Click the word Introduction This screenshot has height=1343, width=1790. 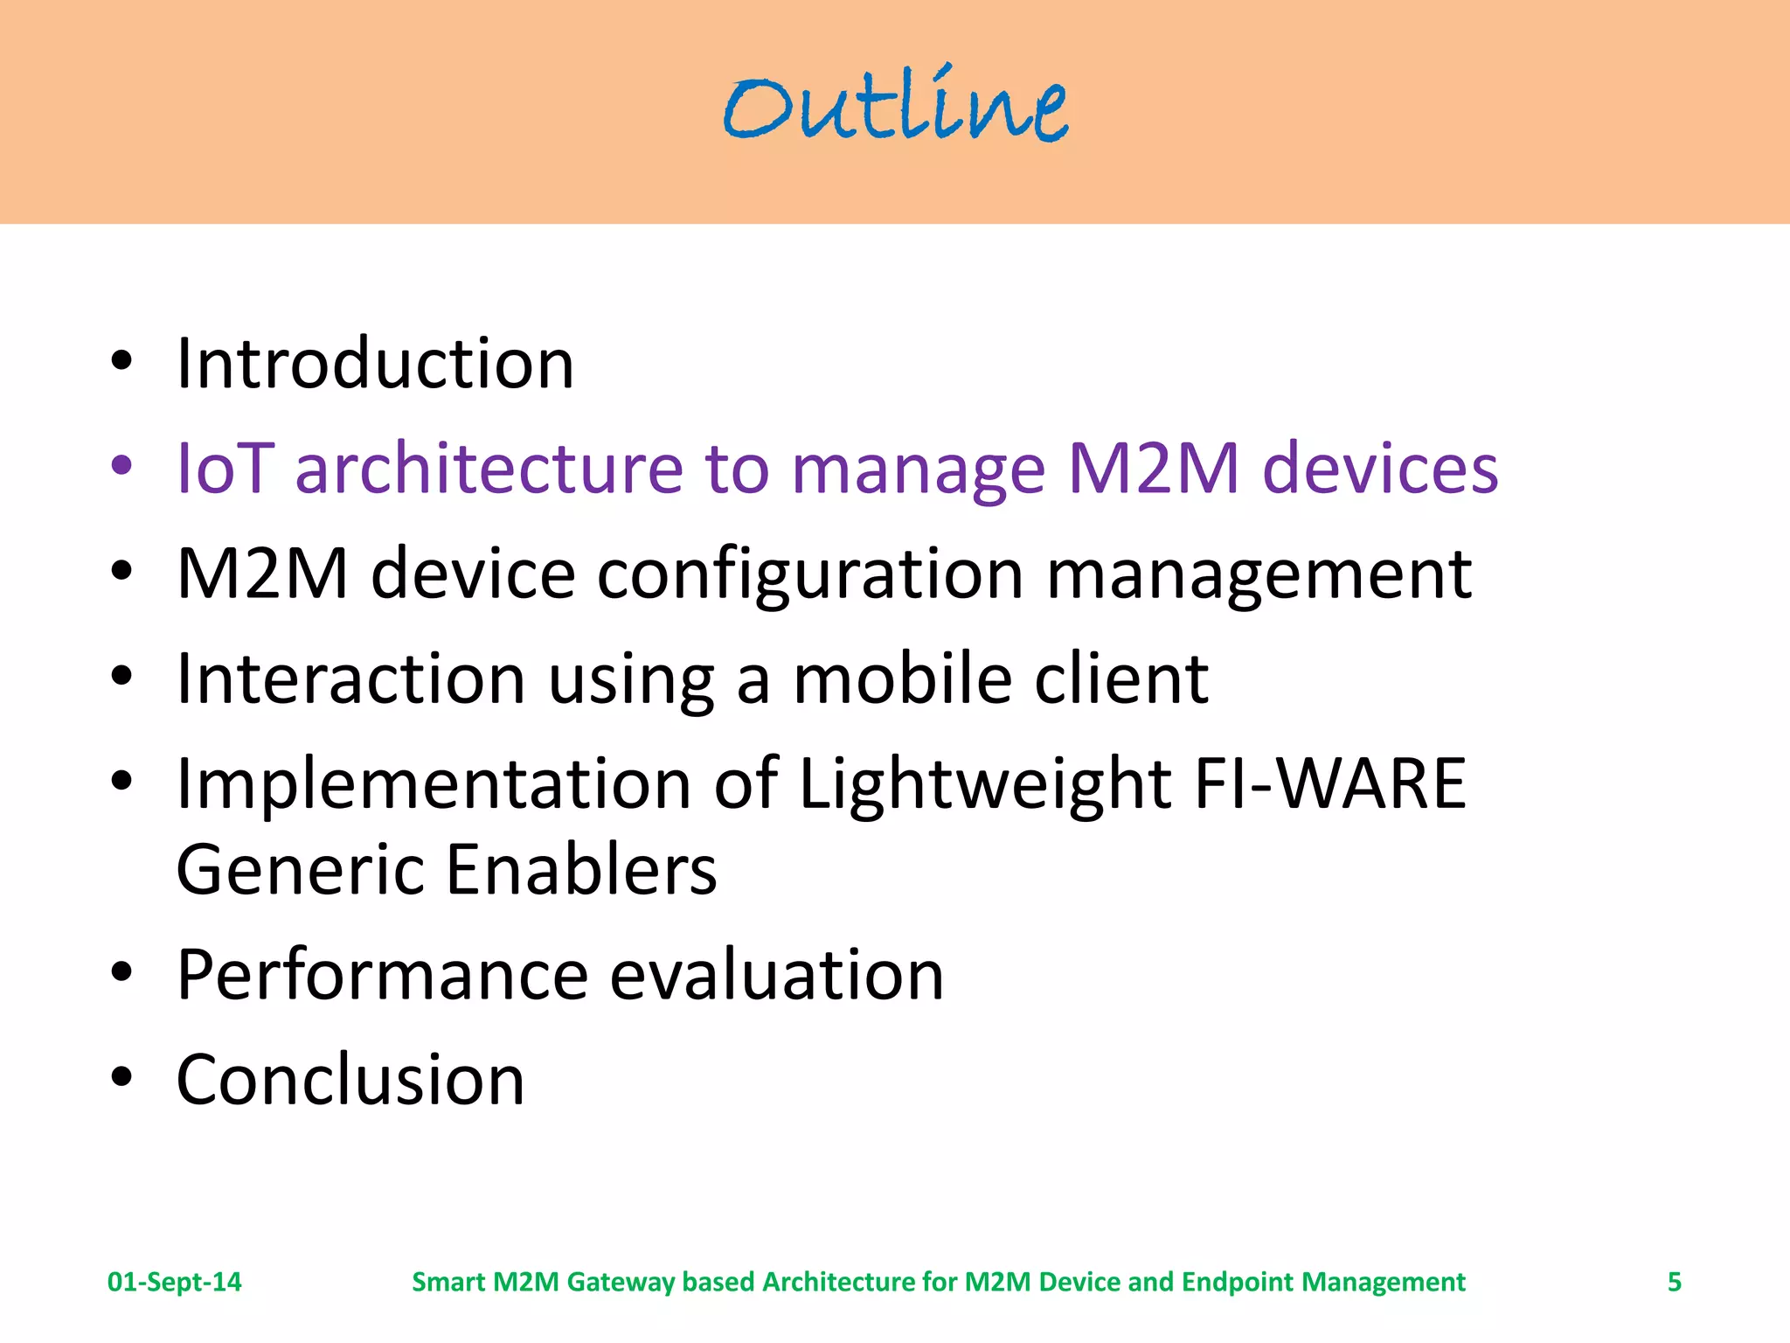pyautogui.click(x=375, y=363)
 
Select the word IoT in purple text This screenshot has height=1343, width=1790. pyautogui.click(x=225, y=469)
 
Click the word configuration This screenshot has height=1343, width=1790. pyautogui.click(x=810, y=574)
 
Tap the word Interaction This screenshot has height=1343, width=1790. pyautogui.click(x=350, y=678)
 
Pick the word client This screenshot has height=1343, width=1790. pyautogui.click(x=1121, y=678)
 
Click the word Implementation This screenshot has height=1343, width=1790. pyautogui.click(x=434, y=784)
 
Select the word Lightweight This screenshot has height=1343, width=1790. pyautogui.click(x=985, y=784)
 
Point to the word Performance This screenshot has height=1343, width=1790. pyautogui.click(x=382, y=975)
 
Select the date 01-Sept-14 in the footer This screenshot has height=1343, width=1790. pyautogui.click(x=174, y=1282)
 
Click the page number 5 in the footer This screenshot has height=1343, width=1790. pyautogui.click(x=1674, y=1282)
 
